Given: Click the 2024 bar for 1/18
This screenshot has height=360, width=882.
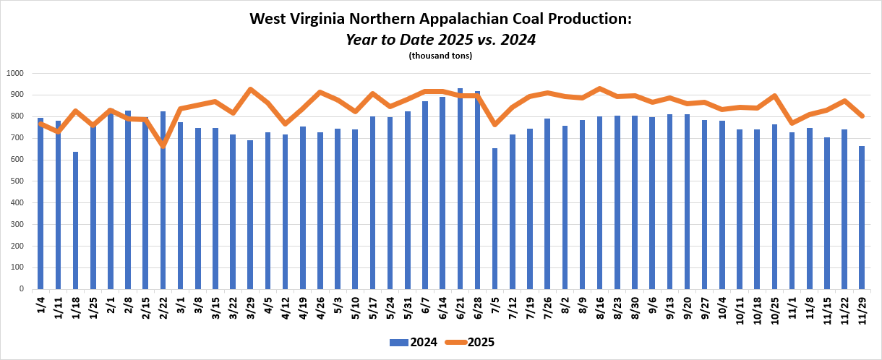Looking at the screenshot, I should pyautogui.click(x=75, y=220).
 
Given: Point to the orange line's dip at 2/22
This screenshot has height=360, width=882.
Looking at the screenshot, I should pyautogui.click(x=163, y=145).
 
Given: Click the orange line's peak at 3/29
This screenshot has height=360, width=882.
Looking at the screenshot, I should pyautogui.click(x=250, y=90).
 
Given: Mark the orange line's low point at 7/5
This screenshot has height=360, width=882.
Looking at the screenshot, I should pyautogui.click(x=494, y=124).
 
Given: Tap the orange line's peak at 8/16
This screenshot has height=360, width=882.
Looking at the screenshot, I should pyautogui.click(x=599, y=89).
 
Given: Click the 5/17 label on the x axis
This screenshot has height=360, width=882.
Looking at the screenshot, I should pyautogui.click(x=372, y=308).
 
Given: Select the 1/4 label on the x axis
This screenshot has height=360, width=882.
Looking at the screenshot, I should pyautogui.click(x=40, y=306).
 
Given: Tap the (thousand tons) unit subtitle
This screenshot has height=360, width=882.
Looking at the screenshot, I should pyautogui.click(x=440, y=56).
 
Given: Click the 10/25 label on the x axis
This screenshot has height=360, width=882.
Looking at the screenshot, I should pyautogui.click(x=774, y=309).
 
